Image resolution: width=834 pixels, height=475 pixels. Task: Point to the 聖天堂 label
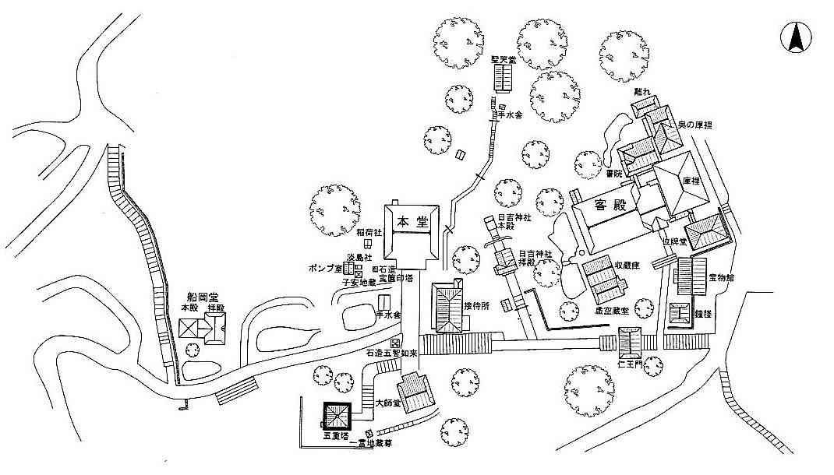point(503,59)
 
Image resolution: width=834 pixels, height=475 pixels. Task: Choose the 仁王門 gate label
point(628,364)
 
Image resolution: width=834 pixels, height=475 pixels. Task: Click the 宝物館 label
point(722,278)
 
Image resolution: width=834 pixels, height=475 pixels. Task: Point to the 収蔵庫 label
point(626,266)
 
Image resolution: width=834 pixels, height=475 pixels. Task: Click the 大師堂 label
point(387,403)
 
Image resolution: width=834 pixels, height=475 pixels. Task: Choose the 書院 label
point(614,173)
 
